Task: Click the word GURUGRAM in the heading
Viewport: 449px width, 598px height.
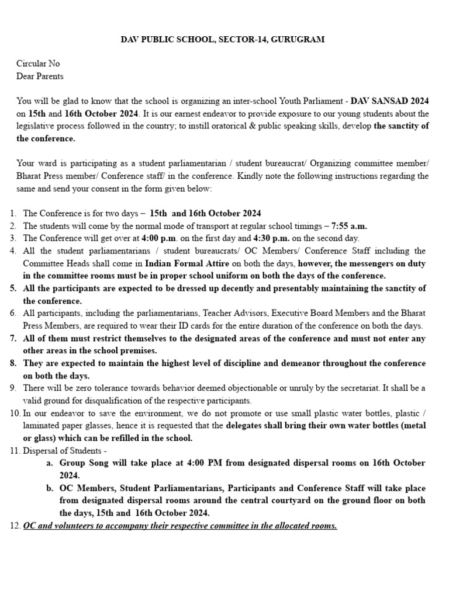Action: (x=298, y=39)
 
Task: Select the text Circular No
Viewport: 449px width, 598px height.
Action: (x=38, y=64)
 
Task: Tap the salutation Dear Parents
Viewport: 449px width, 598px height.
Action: (x=40, y=76)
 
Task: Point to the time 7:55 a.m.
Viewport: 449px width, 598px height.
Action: (x=349, y=225)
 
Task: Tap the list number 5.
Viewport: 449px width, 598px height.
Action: (x=13, y=288)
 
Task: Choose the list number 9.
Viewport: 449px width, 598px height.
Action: (x=13, y=388)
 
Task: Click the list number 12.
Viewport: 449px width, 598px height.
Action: (x=15, y=526)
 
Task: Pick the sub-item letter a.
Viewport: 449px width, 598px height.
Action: (x=49, y=463)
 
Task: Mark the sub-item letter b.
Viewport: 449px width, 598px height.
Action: (x=49, y=488)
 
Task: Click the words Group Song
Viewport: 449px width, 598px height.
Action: (x=81, y=463)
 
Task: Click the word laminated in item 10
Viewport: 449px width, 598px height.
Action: (x=41, y=425)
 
